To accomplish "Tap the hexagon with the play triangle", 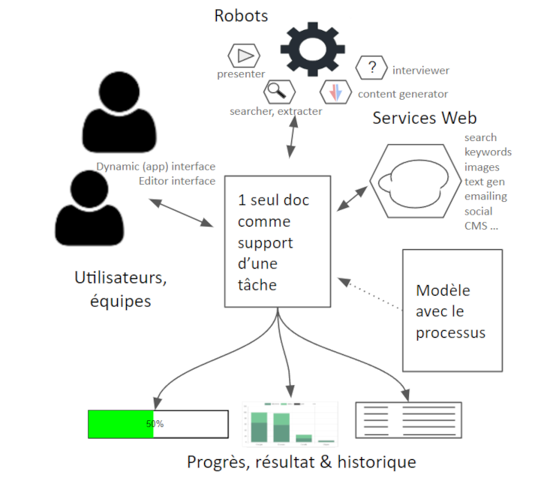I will (x=244, y=55).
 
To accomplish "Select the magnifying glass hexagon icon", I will (x=278, y=92).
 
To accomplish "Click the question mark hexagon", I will (x=371, y=68).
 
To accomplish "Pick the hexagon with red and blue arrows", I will (x=336, y=92).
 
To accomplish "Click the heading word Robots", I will (x=241, y=16).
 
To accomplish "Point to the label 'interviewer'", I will (x=420, y=71).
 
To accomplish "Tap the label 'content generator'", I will (x=402, y=95).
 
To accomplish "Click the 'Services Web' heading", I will (x=424, y=119).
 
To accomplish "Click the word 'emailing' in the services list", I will (x=485, y=197).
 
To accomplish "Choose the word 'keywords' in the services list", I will (x=488, y=152).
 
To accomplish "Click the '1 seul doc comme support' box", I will (x=278, y=242).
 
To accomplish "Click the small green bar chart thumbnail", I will (x=290, y=424).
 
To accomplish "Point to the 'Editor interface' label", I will (x=177, y=182).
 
